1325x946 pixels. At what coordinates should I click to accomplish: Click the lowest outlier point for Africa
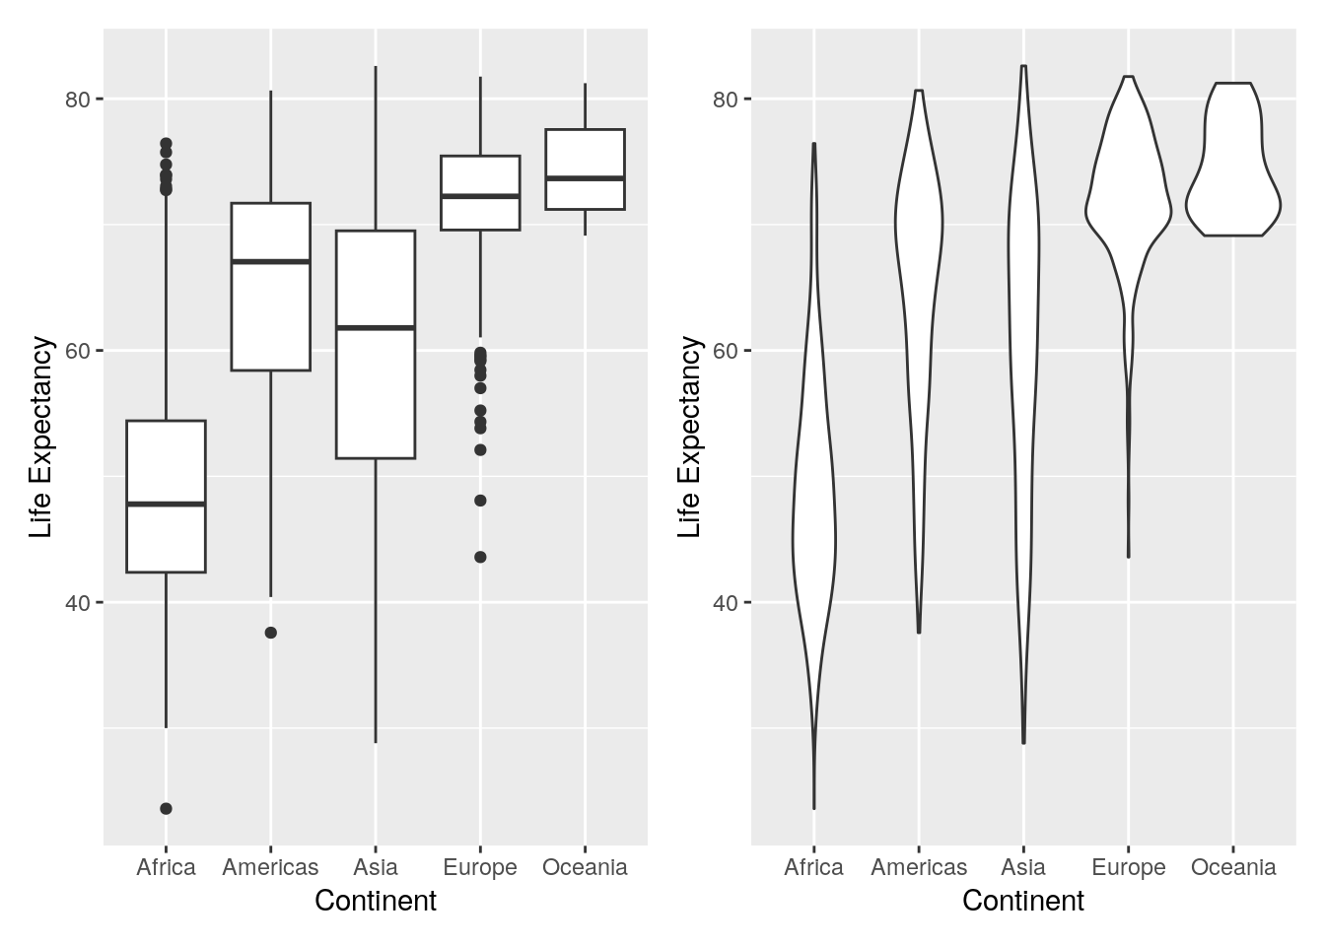(166, 809)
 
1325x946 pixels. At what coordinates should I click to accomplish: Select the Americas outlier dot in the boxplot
(271, 633)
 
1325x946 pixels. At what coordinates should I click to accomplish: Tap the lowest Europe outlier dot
(480, 557)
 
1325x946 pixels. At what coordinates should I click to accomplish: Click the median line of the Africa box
(166, 504)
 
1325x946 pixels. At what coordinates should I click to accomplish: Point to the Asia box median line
(376, 327)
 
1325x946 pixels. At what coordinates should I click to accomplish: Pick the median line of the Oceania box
(585, 178)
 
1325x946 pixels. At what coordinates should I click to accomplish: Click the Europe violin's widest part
(1128, 209)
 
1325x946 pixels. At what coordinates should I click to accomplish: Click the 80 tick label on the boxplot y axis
(78, 100)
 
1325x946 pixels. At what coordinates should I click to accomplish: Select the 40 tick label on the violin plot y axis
(726, 603)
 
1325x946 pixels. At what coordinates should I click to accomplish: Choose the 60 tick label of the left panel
(78, 352)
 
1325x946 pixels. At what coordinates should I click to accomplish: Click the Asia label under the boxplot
(376, 867)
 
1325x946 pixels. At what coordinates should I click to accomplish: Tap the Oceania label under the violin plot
(1232, 867)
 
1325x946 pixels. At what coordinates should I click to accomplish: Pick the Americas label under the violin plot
(919, 867)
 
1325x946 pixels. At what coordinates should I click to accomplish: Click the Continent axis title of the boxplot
(376, 901)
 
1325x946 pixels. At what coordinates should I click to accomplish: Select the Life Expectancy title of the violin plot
(690, 437)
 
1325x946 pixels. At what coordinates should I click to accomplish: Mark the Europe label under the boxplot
(480, 867)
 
